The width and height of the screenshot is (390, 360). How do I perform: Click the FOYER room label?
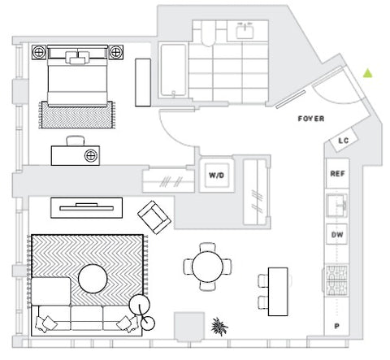pyautogui.click(x=311, y=119)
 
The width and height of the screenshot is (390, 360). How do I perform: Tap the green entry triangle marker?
pyautogui.click(x=367, y=73)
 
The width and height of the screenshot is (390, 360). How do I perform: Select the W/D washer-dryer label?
pyautogui.click(x=216, y=176)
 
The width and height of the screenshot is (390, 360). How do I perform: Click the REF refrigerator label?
pyautogui.click(x=337, y=173)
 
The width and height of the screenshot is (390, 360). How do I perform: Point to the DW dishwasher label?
pyautogui.click(x=337, y=235)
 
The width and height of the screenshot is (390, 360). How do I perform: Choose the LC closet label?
pyautogui.click(x=344, y=141)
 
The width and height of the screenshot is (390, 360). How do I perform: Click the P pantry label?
pyautogui.click(x=336, y=326)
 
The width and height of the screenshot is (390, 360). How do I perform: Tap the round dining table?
pyautogui.click(x=207, y=267)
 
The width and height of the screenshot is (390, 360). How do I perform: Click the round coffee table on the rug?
pyautogui.click(x=93, y=279)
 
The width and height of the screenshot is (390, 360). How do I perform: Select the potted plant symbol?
pyautogui.click(x=219, y=327)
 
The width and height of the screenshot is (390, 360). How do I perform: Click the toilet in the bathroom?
pyautogui.click(x=208, y=33)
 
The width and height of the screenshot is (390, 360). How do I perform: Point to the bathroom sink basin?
pyautogui.click(x=245, y=31)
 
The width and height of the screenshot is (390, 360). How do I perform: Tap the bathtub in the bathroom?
pyautogui.click(x=173, y=71)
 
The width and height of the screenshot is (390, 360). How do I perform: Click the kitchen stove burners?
pyautogui.click(x=336, y=280)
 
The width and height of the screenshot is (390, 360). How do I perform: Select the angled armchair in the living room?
pyautogui.click(x=154, y=217)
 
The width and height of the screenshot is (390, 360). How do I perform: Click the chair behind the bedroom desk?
pyautogui.click(x=76, y=141)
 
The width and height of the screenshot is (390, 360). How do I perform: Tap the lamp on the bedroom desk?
pyautogui.click(x=91, y=156)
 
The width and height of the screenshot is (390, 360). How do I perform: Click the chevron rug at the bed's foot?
pyautogui.click(x=77, y=115)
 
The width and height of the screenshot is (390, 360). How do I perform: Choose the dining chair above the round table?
pyautogui.click(x=207, y=247)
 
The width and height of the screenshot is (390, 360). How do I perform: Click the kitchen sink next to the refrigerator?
pyautogui.click(x=336, y=206)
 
